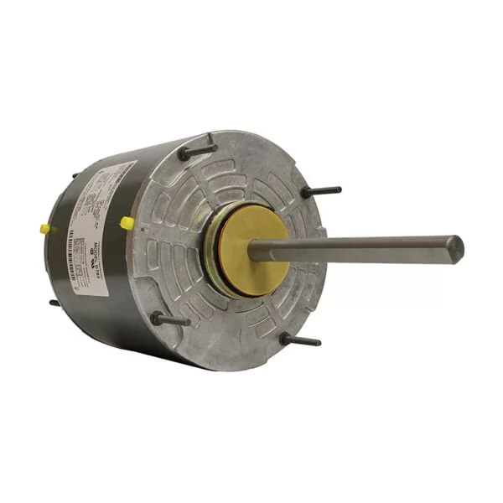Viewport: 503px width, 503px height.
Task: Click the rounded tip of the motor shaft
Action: pos(455,248)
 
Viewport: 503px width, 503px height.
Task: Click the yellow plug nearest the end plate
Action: pos(127,223)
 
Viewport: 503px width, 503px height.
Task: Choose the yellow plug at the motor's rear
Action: pos(44,229)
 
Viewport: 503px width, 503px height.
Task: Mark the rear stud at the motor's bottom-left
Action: pos(54,303)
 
